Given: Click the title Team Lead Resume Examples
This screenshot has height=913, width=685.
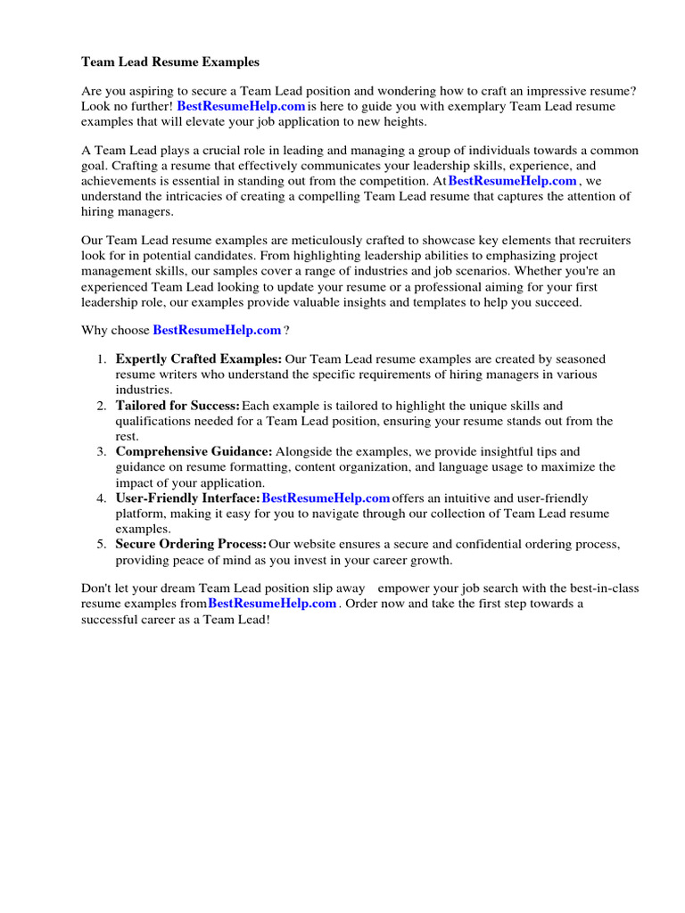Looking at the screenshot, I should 170,62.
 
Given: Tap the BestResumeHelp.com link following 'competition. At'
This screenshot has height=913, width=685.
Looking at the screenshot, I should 512,181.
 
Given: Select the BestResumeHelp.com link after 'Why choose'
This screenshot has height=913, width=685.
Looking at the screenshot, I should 217,330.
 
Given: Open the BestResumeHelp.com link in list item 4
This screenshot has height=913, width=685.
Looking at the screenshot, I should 326,498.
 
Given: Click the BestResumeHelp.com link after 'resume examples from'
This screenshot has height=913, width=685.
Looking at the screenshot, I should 272,604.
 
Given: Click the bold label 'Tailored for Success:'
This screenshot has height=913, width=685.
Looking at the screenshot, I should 177,406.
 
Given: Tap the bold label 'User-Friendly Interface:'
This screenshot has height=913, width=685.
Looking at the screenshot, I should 187,498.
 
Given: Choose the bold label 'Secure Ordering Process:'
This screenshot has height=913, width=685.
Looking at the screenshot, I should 191,544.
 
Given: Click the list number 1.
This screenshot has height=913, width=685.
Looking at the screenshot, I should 101,359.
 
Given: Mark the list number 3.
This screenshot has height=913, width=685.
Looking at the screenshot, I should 101,452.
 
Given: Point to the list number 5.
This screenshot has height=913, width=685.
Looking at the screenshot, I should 101,544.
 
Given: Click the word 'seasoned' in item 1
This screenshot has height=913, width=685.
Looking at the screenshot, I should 581,359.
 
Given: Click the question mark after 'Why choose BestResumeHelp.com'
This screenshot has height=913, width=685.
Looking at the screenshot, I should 286,331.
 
